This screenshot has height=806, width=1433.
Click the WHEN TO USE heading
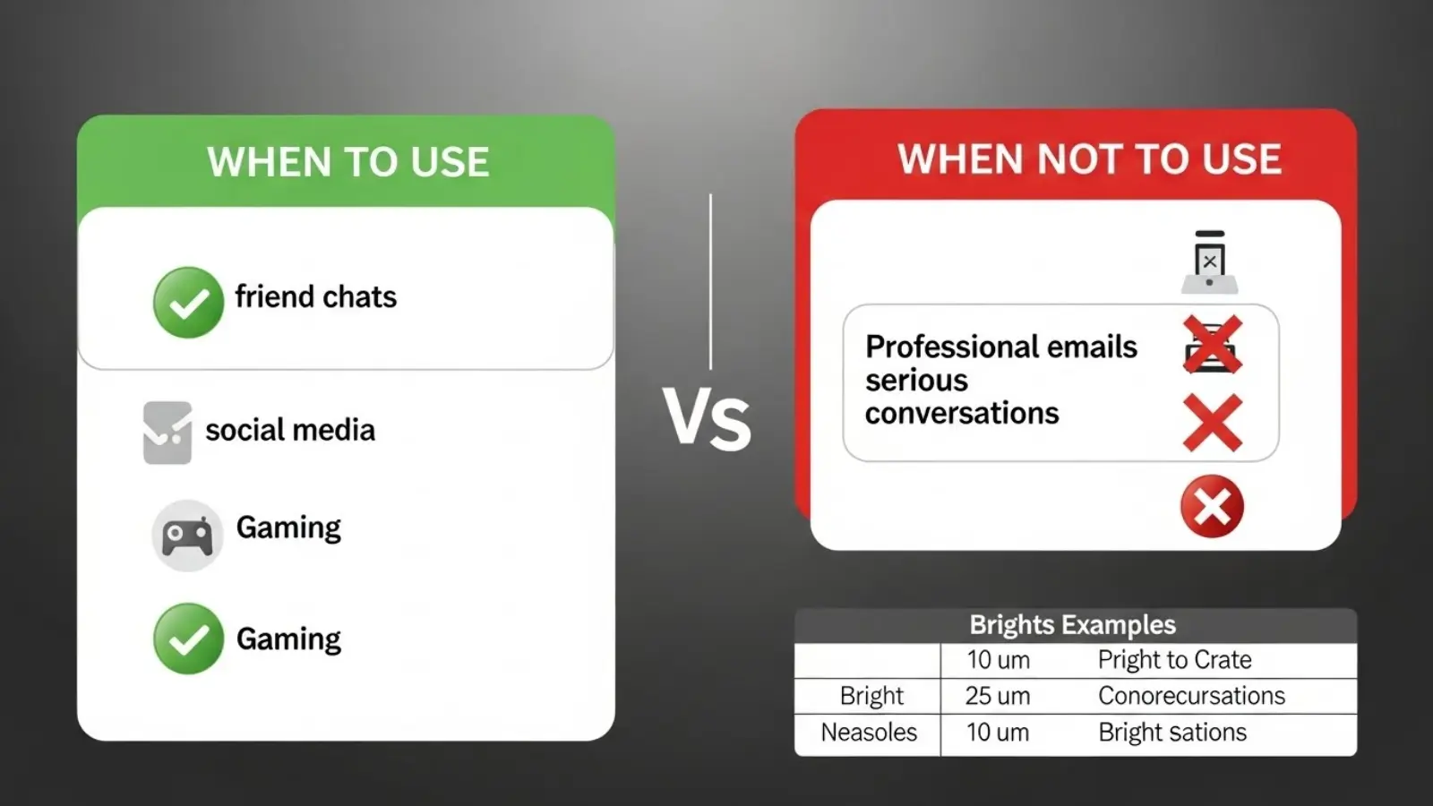(348, 162)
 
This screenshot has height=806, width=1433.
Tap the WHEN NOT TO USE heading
(1089, 159)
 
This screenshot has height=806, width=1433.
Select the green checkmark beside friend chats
(188, 303)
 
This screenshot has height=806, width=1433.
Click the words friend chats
(315, 296)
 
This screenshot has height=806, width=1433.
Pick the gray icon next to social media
(167, 433)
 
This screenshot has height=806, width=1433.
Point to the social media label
(290, 430)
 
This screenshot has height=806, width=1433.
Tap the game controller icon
(187, 536)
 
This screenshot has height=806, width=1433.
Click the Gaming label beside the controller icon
(288, 527)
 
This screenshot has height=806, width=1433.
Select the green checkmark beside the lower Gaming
(188, 639)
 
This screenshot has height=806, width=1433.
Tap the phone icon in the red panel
(1209, 262)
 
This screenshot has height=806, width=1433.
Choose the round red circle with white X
(1212, 506)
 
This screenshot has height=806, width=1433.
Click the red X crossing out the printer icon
(1212, 345)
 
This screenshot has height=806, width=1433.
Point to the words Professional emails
(1000, 347)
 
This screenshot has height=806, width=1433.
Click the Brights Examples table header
(1072, 624)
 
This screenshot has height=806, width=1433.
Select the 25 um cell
(998, 696)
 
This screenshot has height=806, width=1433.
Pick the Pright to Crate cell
(1174, 660)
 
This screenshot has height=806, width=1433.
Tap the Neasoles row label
(869, 733)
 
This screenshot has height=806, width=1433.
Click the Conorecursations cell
(1191, 696)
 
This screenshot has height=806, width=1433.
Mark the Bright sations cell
(1172, 733)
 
